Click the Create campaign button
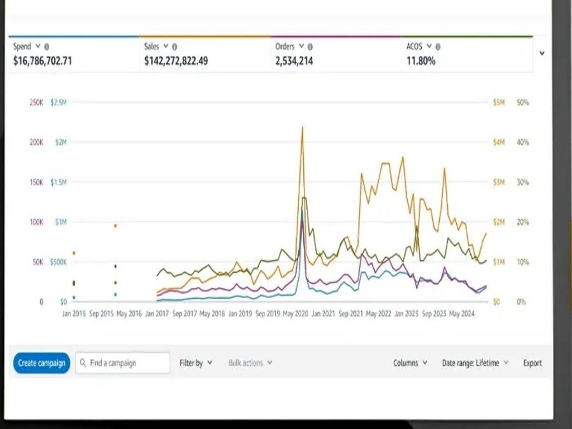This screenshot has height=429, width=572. click(41, 363)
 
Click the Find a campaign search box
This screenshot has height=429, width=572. click(123, 363)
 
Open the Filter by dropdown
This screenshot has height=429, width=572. click(196, 363)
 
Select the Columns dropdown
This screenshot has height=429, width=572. click(410, 363)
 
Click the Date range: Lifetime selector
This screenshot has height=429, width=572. click(475, 363)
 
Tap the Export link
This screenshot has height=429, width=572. click(532, 363)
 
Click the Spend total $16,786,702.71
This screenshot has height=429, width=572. click(42, 61)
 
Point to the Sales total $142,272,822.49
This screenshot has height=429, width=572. click(176, 61)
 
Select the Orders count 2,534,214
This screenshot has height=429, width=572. click(294, 61)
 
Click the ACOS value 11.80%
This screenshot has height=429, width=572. click(421, 61)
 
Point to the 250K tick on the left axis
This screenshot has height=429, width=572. click(36, 103)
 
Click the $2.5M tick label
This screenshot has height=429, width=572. click(58, 103)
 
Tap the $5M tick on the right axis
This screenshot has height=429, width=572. click(499, 103)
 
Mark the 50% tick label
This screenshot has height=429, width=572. click(523, 103)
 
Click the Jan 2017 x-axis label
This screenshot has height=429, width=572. click(157, 314)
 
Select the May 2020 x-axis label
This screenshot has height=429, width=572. click(297, 314)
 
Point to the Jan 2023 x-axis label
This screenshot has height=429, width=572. click(407, 314)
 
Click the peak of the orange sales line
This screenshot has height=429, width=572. click(302, 127)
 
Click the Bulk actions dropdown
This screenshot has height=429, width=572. click(250, 363)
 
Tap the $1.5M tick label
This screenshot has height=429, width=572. click(58, 183)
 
